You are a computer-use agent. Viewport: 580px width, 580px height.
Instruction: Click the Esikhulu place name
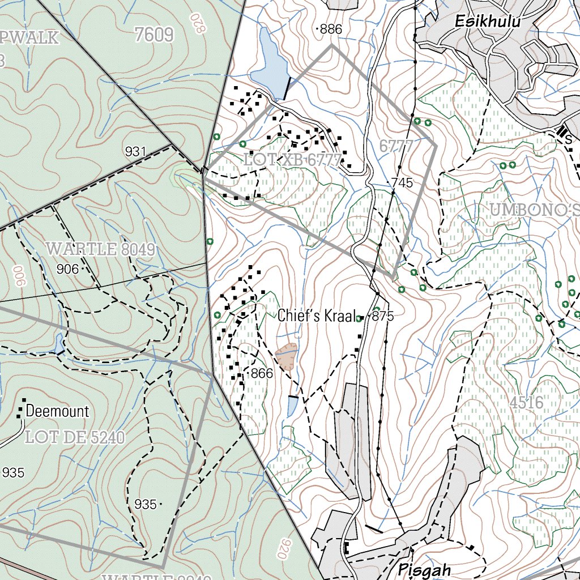pyautogui.click(x=488, y=22)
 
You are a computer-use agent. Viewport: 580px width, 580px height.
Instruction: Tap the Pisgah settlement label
pyautogui.click(x=424, y=569)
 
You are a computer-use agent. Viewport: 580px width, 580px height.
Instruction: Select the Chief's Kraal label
pyautogui.click(x=319, y=316)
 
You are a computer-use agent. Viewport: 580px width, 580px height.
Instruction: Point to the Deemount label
pyautogui.click(x=58, y=411)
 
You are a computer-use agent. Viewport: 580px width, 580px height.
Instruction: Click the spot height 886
pyautogui.click(x=331, y=29)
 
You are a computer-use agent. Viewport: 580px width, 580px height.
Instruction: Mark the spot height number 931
pyautogui.click(x=136, y=151)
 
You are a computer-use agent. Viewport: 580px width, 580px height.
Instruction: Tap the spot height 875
pyautogui.click(x=383, y=317)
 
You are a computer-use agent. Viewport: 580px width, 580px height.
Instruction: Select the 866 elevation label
pyautogui.click(x=262, y=373)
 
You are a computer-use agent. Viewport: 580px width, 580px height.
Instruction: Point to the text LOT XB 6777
pyautogui.click(x=293, y=160)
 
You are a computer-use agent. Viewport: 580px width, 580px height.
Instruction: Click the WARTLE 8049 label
pyautogui.click(x=100, y=249)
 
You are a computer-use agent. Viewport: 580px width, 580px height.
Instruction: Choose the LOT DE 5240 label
pyautogui.click(x=75, y=437)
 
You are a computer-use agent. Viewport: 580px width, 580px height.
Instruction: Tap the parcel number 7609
pyautogui.click(x=154, y=35)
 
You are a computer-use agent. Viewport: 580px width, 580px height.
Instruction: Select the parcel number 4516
pyautogui.click(x=526, y=403)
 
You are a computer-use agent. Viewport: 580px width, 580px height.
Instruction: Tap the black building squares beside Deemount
pyautogui.click(x=22, y=408)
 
